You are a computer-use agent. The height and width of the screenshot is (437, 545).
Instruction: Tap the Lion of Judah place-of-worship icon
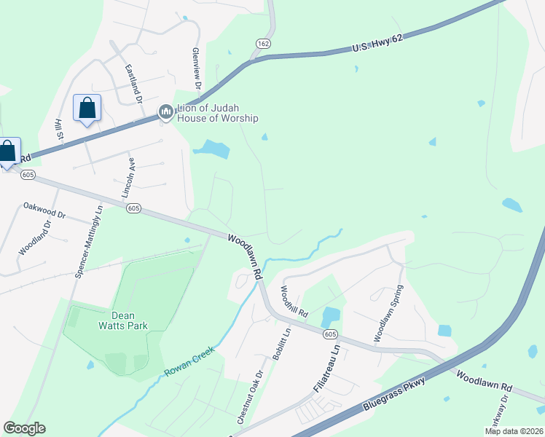(x=165, y=111)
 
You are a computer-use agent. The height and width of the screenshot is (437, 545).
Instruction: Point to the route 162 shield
(x=263, y=44)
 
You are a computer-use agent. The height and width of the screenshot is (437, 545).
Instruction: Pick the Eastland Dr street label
(x=132, y=82)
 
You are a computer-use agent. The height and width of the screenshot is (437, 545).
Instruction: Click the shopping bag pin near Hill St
(x=87, y=109)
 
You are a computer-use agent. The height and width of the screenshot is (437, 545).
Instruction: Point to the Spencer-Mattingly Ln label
(x=89, y=240)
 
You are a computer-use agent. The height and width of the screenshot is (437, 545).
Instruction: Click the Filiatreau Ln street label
(x=327, y=369)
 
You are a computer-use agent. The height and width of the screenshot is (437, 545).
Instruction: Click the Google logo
(x=24, y=428)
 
